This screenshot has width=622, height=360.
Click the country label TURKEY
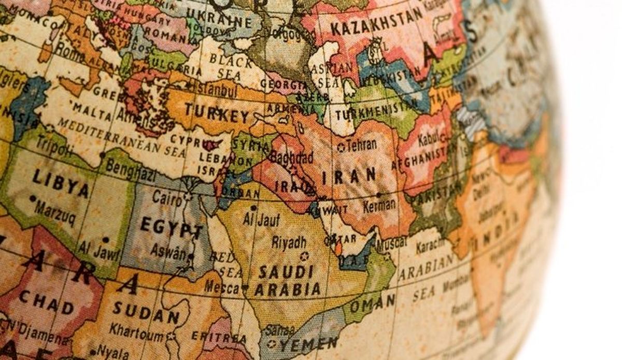[217, 113]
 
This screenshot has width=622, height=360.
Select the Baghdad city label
[291, 157]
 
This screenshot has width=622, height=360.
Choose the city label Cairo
[167, 198]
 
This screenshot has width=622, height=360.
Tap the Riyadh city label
[289, 242]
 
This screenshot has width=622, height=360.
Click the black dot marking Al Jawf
[106, 239]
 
